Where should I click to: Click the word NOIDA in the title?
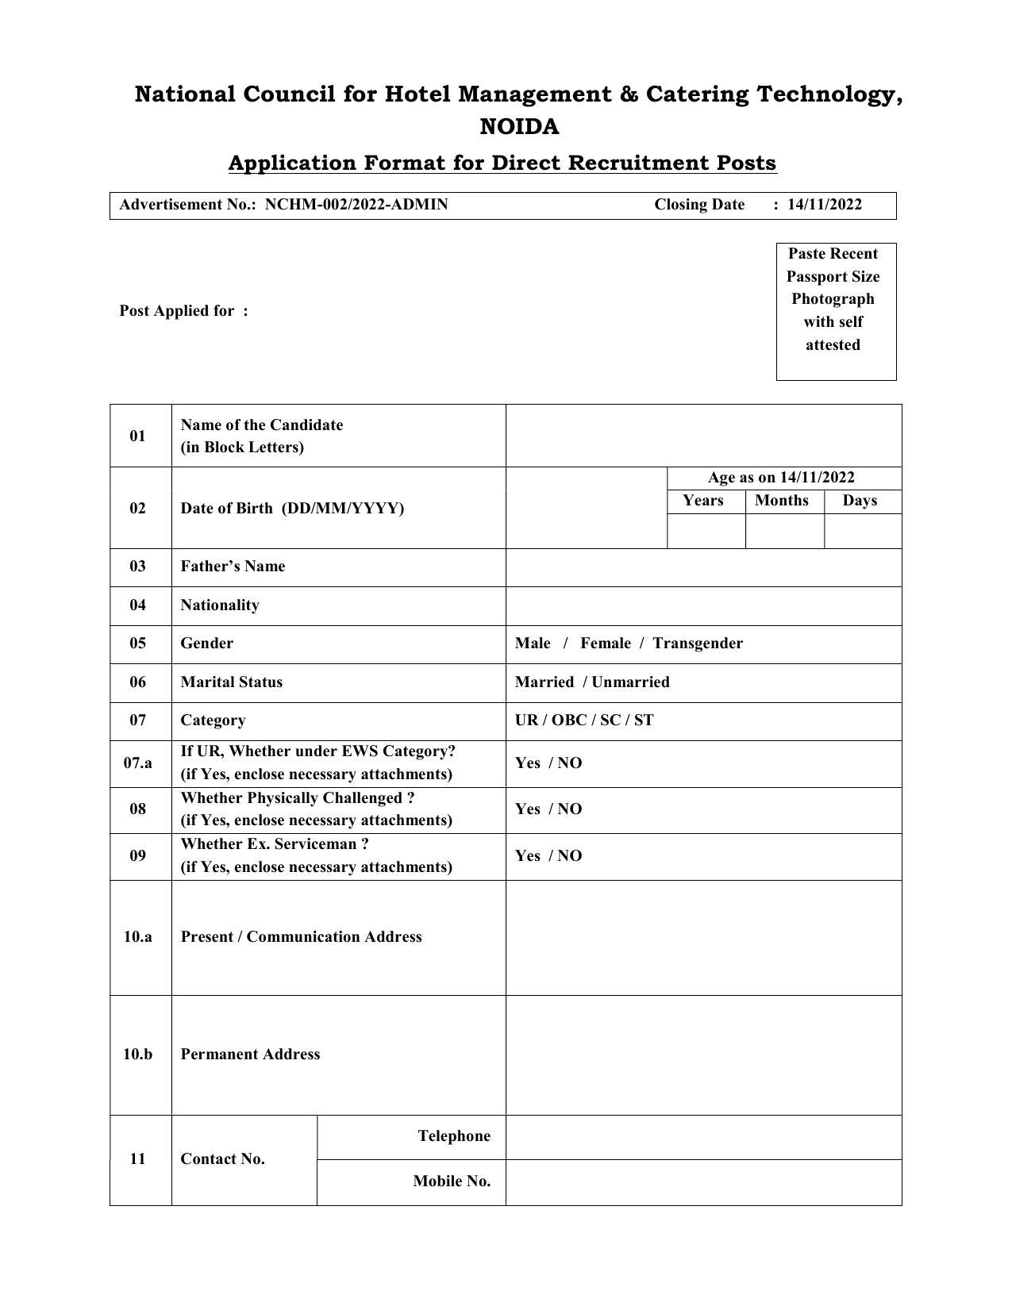pos(519,127)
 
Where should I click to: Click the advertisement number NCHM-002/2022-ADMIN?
pos(356,205)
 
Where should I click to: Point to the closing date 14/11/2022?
pos(824,205)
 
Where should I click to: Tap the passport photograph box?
pos(836,311)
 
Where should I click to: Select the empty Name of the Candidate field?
pos(703,436)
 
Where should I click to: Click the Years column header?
pos(703,501)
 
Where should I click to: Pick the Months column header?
pos(782,501)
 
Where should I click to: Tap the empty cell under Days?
pos(863,531)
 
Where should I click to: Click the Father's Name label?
pos(233,567)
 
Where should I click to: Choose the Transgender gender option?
pos(698,643)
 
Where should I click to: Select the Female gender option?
pos(606,643)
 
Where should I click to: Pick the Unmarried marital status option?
pos(630,682)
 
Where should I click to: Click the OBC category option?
pos(569,720)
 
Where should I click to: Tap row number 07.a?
pos(138,763)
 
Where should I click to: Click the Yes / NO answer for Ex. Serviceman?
pos(548,856)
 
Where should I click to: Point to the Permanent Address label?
pos(250,1055)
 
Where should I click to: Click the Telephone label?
pos(454,1136)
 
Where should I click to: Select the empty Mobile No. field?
pos(703,1182)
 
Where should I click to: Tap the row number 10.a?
pos(138,937)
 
